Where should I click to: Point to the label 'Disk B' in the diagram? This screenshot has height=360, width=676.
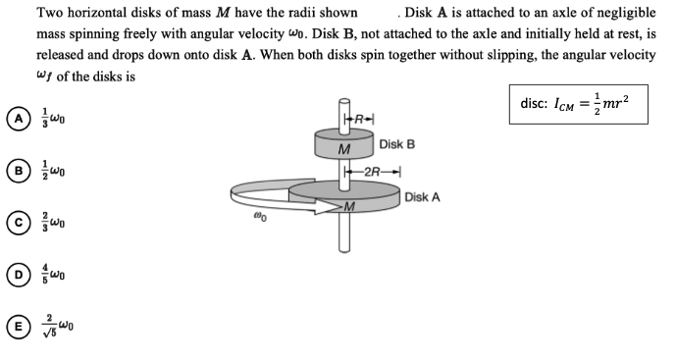[x=396, y=145]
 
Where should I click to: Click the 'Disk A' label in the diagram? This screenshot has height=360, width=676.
[x=422, y=197]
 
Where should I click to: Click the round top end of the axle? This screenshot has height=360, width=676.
[x=343, y=102]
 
